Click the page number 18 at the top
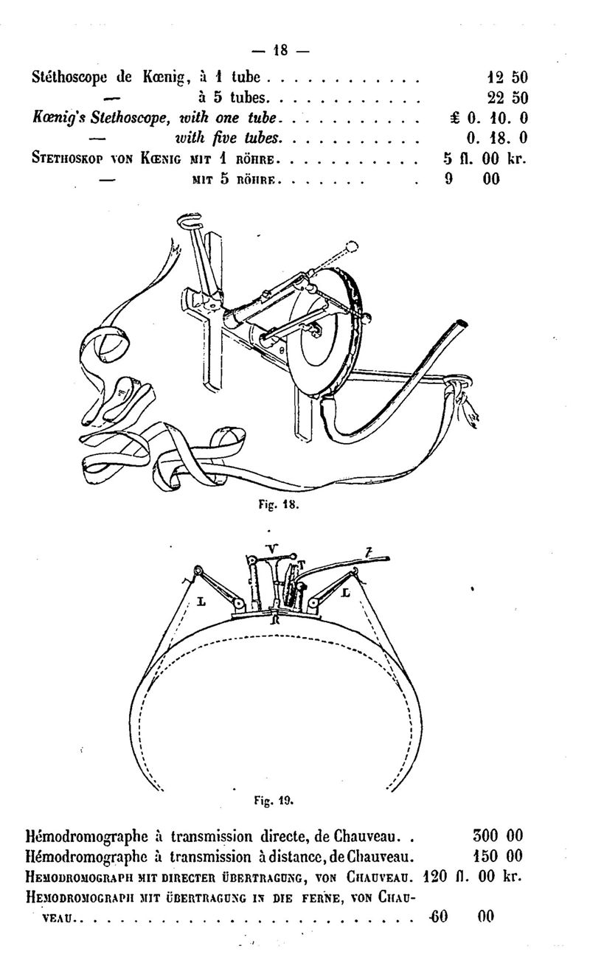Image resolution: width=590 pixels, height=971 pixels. click(x=280, y=50)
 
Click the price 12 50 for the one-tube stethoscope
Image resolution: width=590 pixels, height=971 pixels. click(x=507, y=77)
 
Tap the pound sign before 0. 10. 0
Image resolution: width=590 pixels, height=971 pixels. click(x=455, y=119)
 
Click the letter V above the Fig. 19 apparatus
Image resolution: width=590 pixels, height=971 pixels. click(x=272, y=549)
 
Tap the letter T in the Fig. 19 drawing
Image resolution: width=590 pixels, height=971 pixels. click(x=302, y=564)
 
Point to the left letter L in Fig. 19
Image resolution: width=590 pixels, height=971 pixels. click(x=201, y=602)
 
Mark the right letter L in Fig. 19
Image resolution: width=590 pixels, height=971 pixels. click(x=345, y=593)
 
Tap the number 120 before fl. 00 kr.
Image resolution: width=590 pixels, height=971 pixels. click(x=435, y=876)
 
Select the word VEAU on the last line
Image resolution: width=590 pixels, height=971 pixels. click(x=58, y=917)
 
